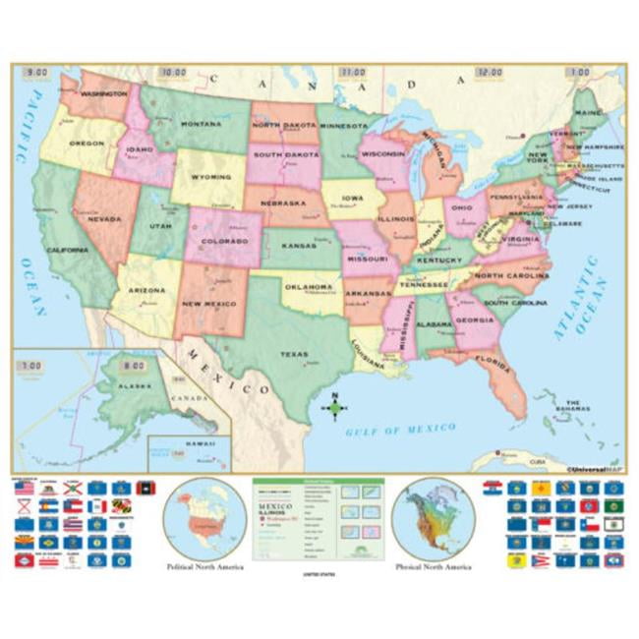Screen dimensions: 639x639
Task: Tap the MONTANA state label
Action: [201, 125]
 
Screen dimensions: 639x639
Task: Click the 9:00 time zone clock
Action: [36, 73]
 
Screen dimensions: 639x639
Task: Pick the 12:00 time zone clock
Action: [489, 73]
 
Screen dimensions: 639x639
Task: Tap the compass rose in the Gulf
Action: [334, 408]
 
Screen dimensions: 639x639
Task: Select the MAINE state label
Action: [589, 113]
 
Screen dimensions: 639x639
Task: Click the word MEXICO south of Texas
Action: [228, 370]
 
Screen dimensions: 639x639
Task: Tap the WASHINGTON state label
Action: [104, 94]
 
